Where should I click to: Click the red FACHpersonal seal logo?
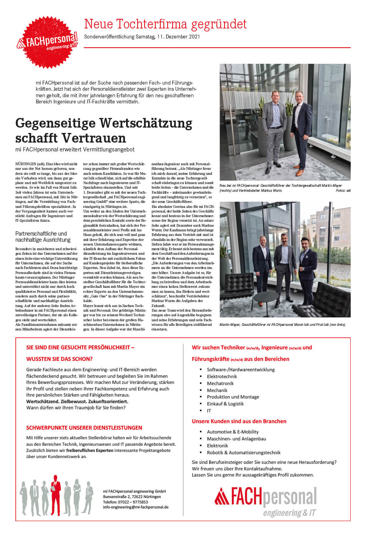tap(47, 43)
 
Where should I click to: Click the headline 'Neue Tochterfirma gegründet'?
tap(165, 24)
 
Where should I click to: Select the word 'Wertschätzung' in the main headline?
tap(146, 123)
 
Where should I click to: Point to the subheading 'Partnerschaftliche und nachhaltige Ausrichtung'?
tap(43, 236)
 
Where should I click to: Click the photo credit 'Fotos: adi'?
tap(343, 191)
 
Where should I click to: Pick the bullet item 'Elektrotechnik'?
tap(222, 377)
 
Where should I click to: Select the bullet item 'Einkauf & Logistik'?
tap(225, 404)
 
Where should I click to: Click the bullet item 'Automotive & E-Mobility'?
tap(233, 432)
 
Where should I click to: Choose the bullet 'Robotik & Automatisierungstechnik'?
tap(243, 453)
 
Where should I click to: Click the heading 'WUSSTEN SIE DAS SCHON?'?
tap(59, 359)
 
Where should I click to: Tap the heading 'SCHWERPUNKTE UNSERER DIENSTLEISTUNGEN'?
tap(84, 428)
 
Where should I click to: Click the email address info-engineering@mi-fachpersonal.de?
tap(136, 507)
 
